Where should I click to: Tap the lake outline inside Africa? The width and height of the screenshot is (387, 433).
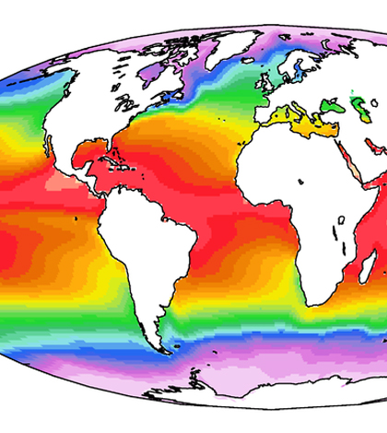tap(340, 222)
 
